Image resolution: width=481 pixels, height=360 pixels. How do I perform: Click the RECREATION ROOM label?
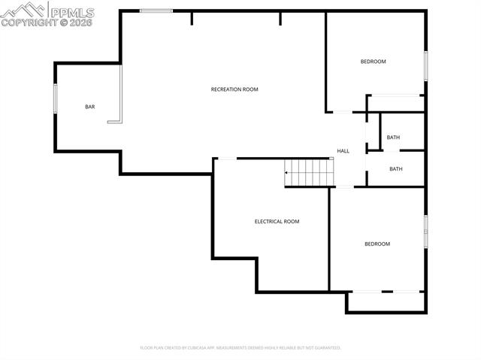pyautogui.click(x=234, y=89)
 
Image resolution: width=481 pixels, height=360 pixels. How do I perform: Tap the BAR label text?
pyautogui.click(x=90, y=107)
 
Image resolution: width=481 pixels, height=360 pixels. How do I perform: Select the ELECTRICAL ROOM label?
pyautogui.click(x=277, y=222)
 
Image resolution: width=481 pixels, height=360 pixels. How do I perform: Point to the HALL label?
pyautogui.click(x=343, y=151)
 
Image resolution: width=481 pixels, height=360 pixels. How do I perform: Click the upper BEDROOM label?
pyautogui.click(x=373, y=62)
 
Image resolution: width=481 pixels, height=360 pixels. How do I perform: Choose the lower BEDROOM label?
pyautogui.click(x=377, y=244)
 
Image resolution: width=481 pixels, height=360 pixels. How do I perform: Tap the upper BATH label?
pyautogui.click(x=393, y=138)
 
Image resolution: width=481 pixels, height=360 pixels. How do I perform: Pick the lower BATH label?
pyautogui.click(x=396, y=169)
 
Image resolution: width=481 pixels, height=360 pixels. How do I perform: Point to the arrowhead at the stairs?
pyautogui.click(x=286, y=174)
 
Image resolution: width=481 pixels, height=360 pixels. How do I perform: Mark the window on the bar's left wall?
pyautogui.click(x=55, y=98)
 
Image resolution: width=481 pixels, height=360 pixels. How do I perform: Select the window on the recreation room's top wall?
pyautogui.click(x=156, y=11)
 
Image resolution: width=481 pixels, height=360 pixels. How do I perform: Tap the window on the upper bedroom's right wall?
pyautogui.click(x=425, y=65)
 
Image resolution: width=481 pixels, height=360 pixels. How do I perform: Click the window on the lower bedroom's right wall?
pyautogui.click(x=425, y=231)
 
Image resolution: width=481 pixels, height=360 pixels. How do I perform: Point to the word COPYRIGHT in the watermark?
pyautogui.click(x=29, y=23)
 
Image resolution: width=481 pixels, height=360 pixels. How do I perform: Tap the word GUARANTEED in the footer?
pyautogui.click(x=325, y=348)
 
